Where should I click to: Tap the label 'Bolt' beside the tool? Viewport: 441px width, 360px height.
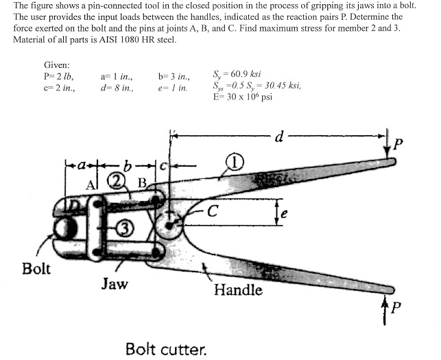click(36, 267)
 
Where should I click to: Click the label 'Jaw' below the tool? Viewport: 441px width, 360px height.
click(115, 283)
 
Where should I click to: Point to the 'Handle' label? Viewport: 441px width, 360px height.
click(238, 290)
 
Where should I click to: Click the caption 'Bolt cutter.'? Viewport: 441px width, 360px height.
click(165, 348)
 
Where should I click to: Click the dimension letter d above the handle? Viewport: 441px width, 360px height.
click(279, 136)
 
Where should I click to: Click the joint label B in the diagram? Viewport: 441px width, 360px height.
click(143, 182)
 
